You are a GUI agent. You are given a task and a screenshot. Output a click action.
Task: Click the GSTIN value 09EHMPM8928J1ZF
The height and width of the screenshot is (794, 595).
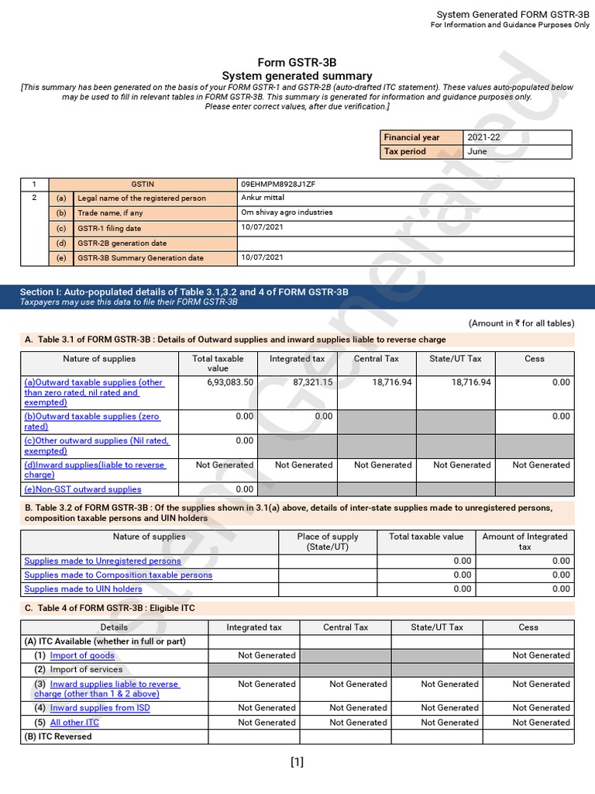click(x=278, y=185)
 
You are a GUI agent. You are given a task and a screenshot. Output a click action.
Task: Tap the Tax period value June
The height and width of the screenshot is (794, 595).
click(x=477, y=151)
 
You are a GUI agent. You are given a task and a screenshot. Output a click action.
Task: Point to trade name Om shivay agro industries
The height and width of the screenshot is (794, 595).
click(x=287, y=212)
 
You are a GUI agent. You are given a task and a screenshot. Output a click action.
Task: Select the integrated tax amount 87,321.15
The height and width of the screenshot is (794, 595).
click(x=302, y=382)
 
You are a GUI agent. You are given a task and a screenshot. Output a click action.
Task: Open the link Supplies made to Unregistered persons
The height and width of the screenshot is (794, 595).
click(x=102, y=561)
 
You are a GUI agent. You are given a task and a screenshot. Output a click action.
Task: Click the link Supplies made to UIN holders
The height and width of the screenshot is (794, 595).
click(x=83, y=589)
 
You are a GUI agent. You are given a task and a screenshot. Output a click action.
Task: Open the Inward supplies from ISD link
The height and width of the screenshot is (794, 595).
click(x=100, y=708)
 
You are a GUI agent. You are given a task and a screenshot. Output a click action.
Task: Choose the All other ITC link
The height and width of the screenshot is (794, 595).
click(x=74, y=723)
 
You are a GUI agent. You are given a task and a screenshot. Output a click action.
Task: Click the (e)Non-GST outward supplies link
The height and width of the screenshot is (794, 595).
click(x=83, y=489)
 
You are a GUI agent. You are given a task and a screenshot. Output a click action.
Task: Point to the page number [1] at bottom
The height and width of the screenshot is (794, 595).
click(x=297, y=761)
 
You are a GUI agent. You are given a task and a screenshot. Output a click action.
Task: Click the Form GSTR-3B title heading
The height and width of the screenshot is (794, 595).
click(x=297, y=63)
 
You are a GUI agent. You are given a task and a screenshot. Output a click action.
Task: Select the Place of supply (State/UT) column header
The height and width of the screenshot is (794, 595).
click(x=328, y=541)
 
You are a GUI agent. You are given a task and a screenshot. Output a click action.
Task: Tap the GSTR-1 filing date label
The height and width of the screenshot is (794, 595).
click(x=109, y=229)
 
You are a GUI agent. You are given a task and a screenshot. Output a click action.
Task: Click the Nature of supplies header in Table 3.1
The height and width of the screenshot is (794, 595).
click(x=99, y=359)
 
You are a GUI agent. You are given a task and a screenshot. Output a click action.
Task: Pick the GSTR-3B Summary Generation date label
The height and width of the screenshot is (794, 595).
click(x=140, y=257)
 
